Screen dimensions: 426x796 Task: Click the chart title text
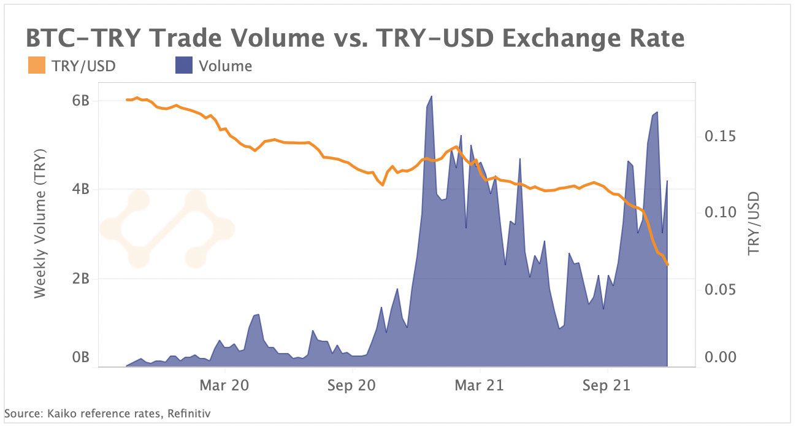(354, 38)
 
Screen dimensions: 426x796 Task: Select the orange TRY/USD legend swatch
(37, 66)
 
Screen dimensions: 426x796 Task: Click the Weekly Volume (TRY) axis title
(40, 223)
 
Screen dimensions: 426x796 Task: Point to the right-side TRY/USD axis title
(754, 223)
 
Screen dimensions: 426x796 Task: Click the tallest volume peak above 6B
(431, 97)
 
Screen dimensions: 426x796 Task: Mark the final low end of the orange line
(667, 265)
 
